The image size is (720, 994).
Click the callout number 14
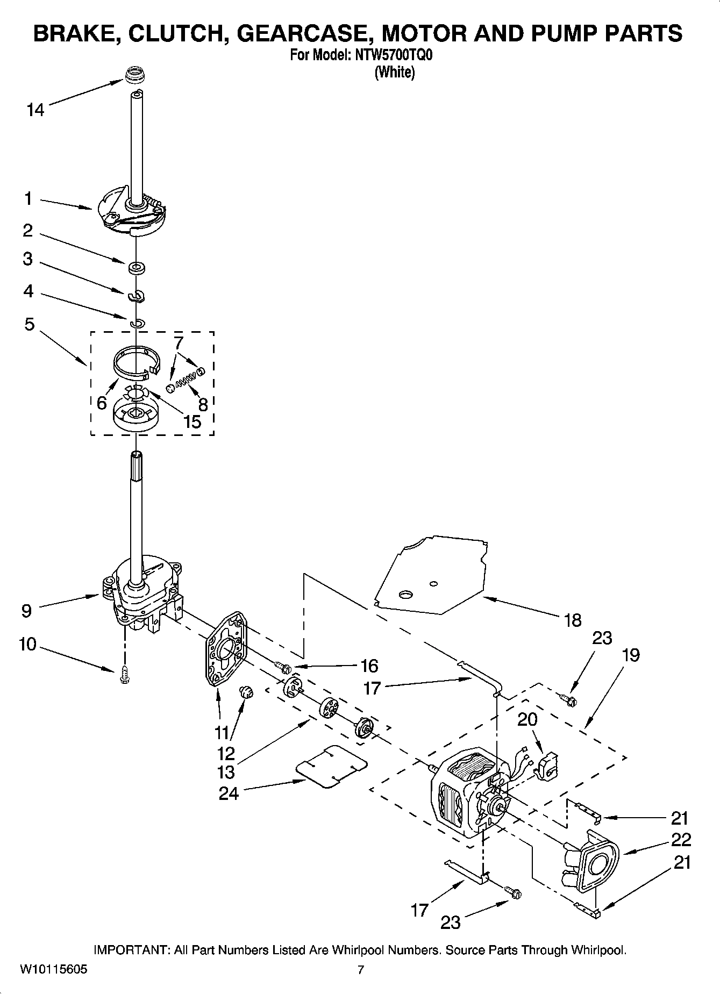pos(35,110)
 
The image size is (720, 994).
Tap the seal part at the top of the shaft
pos(135,75)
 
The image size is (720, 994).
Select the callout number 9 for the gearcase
pos(26,610)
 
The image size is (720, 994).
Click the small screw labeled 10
pos(125,675)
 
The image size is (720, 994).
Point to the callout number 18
pos(573,620)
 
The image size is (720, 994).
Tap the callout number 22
pos(681,839)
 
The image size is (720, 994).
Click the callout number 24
pos(229,793)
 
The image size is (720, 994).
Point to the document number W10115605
pos(53,970)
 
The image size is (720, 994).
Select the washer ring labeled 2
pos(137,267)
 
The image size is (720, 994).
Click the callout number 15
pos(192,421)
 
